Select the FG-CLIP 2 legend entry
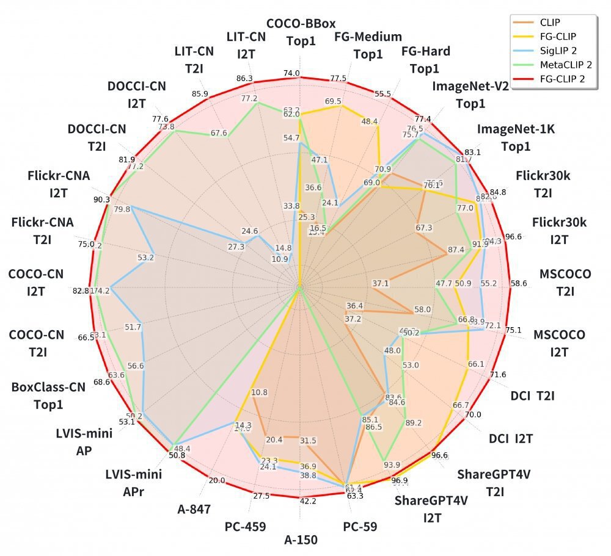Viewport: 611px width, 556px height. [555, 78]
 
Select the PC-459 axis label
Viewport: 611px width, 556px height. [244, 525]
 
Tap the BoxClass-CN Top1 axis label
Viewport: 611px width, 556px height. [48, 395]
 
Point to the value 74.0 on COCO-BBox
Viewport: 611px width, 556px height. [291, 74]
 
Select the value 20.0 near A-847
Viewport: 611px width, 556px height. [217, 481]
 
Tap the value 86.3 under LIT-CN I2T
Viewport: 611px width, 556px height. [244, 78]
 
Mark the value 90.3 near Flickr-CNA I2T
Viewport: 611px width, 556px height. [101, 199]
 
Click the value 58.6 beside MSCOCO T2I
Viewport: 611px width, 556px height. [518, 284]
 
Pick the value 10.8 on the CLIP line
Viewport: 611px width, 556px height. [260, 392]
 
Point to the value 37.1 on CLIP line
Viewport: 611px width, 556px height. [380, 284]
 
